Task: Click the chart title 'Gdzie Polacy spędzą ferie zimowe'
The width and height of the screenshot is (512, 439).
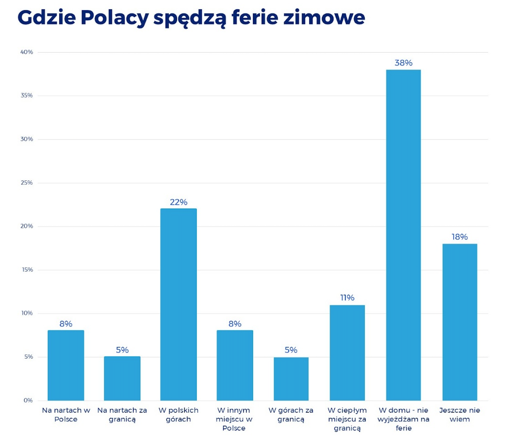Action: point(191,18)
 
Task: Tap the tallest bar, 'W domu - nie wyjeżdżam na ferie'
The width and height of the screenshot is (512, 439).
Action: point(403,235)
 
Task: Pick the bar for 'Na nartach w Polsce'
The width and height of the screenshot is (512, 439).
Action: point(66,365)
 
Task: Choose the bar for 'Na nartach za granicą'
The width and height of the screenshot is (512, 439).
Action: point(122,378)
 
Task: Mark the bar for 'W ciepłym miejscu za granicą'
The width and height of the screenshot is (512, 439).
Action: point(347,353)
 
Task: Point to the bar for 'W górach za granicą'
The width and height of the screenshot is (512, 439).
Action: point(291,378)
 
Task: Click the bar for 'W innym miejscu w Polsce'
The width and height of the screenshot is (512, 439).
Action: point(235,365)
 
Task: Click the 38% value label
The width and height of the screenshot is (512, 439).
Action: point(403,63)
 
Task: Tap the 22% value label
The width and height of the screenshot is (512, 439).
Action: point(178,202)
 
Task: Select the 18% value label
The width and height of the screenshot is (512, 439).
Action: point(460,237)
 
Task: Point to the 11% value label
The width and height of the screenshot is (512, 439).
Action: point(347,298)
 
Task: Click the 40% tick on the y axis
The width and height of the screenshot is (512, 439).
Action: point(27,52)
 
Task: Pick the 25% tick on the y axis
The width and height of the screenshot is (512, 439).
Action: point(27,183)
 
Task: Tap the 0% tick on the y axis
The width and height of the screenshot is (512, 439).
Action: point(28,401)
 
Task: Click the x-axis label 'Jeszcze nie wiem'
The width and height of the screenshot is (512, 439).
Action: point(460,415)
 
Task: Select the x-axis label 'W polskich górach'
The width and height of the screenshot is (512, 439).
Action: point(178,415)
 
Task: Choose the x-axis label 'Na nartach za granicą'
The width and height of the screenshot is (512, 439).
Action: point(122,415)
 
